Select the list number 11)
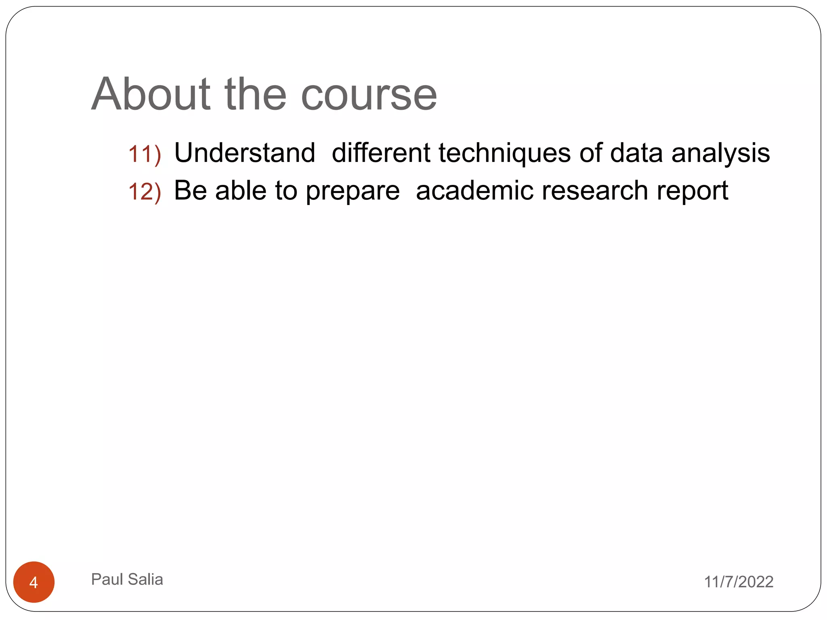pyautogui.click(x=145, y=154)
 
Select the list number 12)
pyautogui.click(x=145, y=191)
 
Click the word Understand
pyautogui.click(x=245, y=153)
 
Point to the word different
pyautogui.click(x=381, y=153)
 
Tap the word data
pyautogui.click(x=636, y=153)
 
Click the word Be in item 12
pyautogui.click(x=190, y=190)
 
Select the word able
pyautogui.click(x=241, y=190)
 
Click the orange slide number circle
pyautogui.click(x=34, y=582)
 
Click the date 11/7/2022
pyautogui.click(x=739, y=582)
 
